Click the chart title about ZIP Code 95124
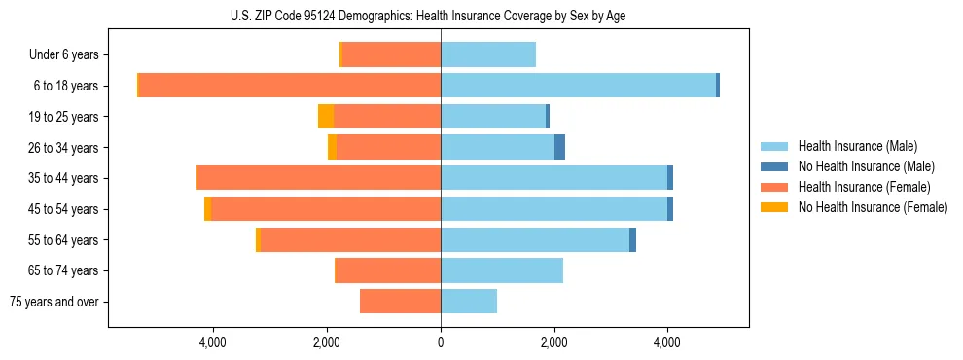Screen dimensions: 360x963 pos(481,16)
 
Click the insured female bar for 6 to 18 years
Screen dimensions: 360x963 pos(290,86)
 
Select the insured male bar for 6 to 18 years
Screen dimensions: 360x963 pos(578,86)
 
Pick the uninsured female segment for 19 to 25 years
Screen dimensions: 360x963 pos(326,117)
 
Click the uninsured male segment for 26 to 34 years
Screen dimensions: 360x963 pos(559,147)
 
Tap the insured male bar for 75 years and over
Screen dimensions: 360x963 pos(469,302)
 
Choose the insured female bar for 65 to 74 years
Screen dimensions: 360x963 pos(387,270)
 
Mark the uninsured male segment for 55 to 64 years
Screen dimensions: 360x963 pos(632,239)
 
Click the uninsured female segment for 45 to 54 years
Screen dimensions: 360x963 pos(208,209)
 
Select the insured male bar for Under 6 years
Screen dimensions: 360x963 pos(488,55)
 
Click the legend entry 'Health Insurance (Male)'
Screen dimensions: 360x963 pos(857,146)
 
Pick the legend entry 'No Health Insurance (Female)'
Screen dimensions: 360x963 pos(873,207)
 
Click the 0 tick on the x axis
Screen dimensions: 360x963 pos(441,342)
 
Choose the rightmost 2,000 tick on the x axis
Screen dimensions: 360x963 pos(554,342)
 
